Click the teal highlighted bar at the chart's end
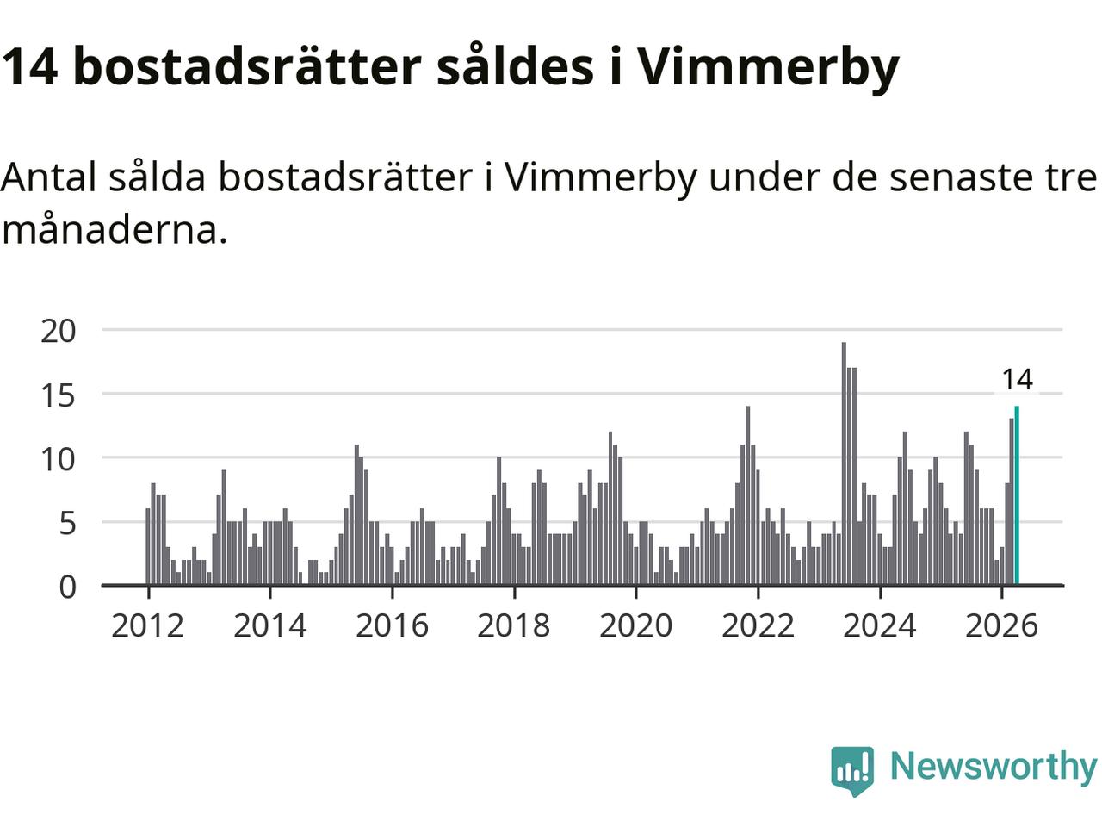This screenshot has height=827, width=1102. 1017,495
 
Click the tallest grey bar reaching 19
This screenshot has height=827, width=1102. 844,463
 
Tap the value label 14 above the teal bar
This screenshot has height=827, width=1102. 1017,380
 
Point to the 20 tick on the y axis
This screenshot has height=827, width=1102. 59,332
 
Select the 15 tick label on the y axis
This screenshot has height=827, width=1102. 59,395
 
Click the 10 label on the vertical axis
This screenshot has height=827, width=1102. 59,459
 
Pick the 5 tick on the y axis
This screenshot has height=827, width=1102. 67,524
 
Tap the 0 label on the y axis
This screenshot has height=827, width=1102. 67,588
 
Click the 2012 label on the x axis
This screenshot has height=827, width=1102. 147,625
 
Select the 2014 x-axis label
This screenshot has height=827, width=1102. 270,625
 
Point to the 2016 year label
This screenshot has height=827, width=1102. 392,625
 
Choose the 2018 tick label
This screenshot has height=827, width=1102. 514,625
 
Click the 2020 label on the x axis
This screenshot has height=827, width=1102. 636,625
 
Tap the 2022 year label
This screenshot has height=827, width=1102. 758,625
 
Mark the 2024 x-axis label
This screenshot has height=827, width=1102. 880,625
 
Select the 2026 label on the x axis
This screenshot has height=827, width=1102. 1001,625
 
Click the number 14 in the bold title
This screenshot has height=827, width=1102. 29,67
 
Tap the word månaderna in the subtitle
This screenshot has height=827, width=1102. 115,231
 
